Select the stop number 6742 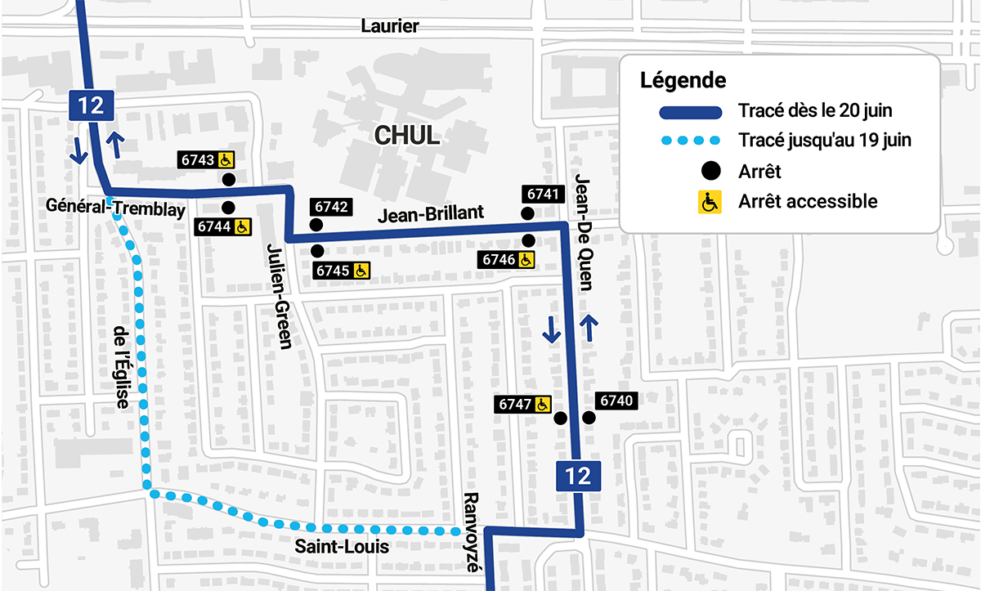click(x=329, y=207)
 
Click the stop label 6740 click(x=616, y=401)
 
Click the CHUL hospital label click(x=406, y=136)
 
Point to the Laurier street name click(x=390, y=26)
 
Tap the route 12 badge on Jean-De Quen click(x=578, y=476)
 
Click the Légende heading click(x=683, y=81)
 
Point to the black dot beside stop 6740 click(x=588, y=418)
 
